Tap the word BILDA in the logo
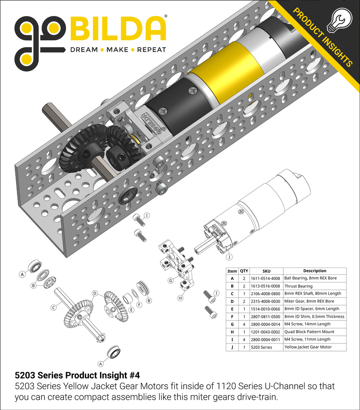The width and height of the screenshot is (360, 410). [x=118, y=29]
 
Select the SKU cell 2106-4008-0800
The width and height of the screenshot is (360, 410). [x=266, y=293]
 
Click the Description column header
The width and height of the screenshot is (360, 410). [x=314, y=271]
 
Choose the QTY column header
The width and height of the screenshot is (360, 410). [x=244, y=271]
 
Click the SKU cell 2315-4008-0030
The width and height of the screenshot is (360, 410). [x=266, y=301]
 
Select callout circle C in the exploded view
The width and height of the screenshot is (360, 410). [x=54, y=308]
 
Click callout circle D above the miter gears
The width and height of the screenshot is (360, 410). [x=95, y=293]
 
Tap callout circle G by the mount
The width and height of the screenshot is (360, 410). [x=170, y=280]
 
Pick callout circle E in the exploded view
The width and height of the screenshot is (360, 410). [x=132, y=310]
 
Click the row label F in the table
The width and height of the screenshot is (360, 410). [x=232, y=316]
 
